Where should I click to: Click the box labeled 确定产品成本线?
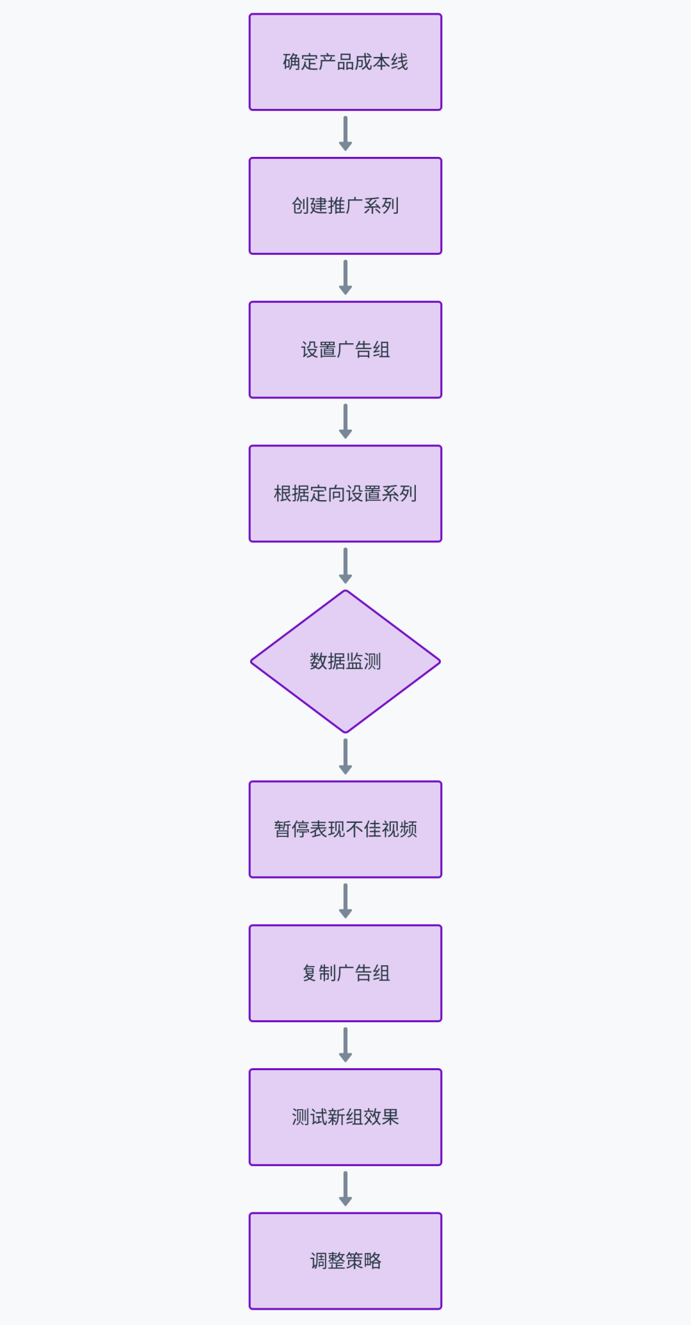[x=345, y=62]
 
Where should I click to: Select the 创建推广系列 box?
[x=345, y=206]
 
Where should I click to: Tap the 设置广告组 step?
[x=345, y=350]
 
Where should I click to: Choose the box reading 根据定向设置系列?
[x=345, y=493]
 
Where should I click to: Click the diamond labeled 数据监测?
[x=345, y=662]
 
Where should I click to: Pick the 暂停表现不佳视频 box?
[x=345, y=829]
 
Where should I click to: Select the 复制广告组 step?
[x=345, y=973]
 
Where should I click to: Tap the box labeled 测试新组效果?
[x=345, y=1117]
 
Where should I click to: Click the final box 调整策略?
[x=345, y=1260]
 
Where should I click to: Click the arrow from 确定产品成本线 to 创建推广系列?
[x=345, y=133]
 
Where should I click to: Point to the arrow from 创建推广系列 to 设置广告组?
[x=345, y=277]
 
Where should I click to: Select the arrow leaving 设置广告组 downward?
[x=345, y=421]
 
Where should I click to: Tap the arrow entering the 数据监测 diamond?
[x=345, y=565]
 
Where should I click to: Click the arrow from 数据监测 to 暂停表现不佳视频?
[x=345, y=756]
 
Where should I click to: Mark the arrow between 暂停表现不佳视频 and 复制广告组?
[x=345, y=900]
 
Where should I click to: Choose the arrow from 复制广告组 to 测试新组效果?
[x=345, y=1045]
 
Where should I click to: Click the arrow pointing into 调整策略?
[x=345, y=1188]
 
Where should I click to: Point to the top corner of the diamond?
[x=345, y=592]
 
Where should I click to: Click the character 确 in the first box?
[x=291, y=62]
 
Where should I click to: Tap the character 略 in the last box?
[x=372, y=1260]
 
